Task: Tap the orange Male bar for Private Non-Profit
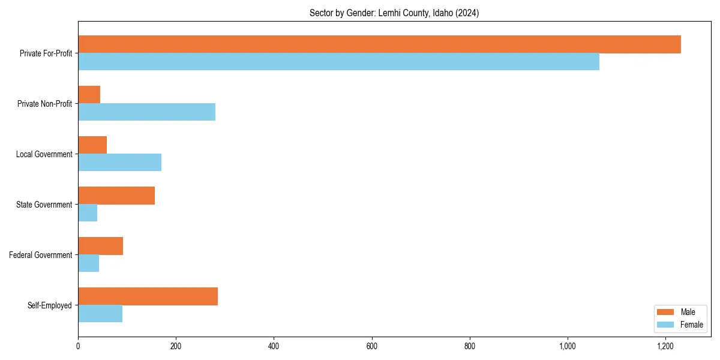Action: tap(89, 95)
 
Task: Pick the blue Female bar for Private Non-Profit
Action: tap(146, 112)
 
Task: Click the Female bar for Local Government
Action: tap(119, 162)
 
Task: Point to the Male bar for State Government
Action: tap(116, 196)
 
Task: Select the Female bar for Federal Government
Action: tap(88, 263)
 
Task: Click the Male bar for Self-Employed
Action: tap(148, 296)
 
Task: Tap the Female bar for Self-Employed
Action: tap(100, 313)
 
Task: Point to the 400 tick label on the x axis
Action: tap(274, 346)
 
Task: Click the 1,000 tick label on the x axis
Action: tap(567, 346)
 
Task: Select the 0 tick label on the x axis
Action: tap(78, 346)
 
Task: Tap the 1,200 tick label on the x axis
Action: tap(665, 346)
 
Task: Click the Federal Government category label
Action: tap(40, 255)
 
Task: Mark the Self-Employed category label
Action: tap(50, 305)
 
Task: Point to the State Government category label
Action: tap(44, 205)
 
